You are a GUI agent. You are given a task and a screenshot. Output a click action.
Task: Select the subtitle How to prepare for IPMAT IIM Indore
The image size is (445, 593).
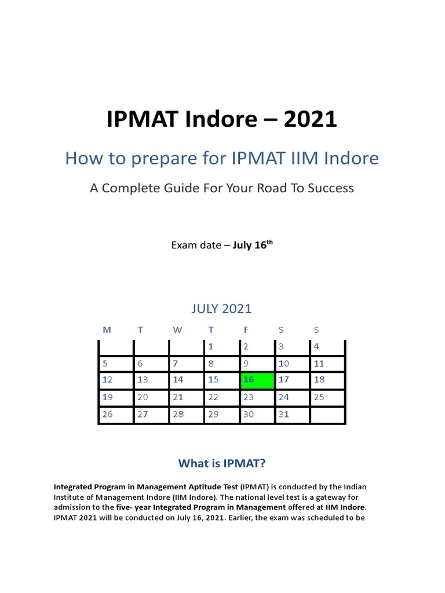pyautogui.click(x=222, y=158)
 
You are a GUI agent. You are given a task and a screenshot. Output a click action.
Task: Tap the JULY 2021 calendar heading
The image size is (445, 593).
pyautogui.click(x=222, y=309)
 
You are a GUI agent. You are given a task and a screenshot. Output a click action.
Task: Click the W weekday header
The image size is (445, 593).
pyautogui.click(x=177, y=330)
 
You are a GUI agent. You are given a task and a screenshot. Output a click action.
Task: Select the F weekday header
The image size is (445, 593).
pyautogui.click(x=246, y=330)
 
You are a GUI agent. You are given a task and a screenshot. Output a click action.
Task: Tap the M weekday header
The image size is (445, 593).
pyautogui.click(x=107, y=330)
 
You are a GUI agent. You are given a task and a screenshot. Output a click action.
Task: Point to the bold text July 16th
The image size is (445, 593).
pyautogui.click(x=253, y=245)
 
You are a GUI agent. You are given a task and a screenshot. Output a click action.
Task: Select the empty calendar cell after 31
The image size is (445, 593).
pyautogui.click(x=328, y=415)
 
